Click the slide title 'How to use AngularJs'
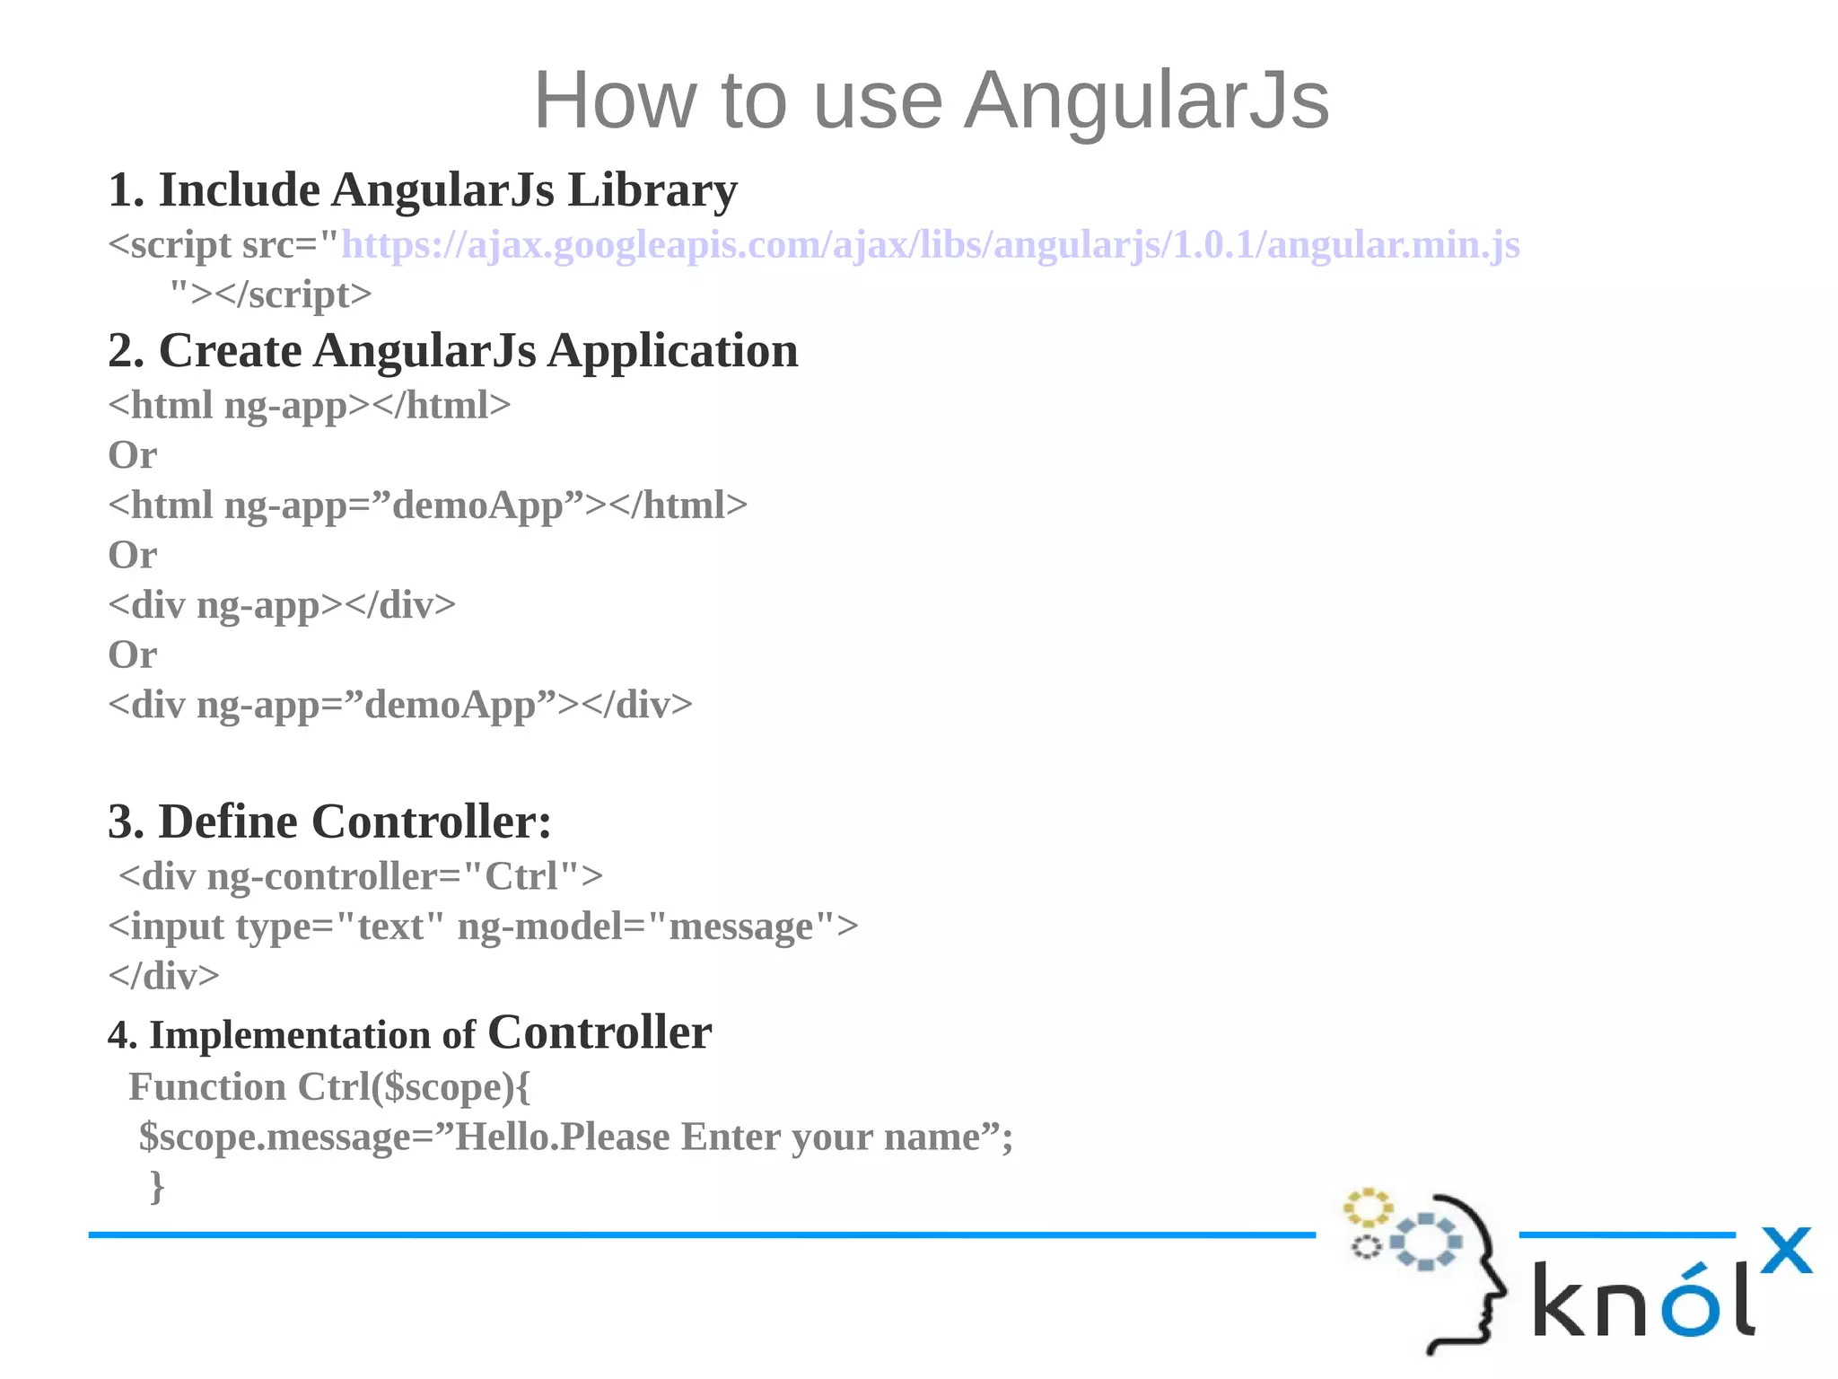[x=931, y=101]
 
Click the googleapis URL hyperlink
[x=930, y=245]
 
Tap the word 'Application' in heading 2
[x=672, y=351]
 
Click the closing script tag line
[x=270, y=294]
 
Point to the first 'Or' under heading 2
[x=132, y=455]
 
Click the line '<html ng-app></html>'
[x=309, y=406]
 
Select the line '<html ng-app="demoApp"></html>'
[x=427, y=505]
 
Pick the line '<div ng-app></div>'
[x=282, y=605]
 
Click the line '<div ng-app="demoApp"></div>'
[x=400, y=705]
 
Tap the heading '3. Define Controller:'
[x=329, y=821]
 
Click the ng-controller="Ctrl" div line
[x=360, y=876]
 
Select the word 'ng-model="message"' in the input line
[x=658, y=927]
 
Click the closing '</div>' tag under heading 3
[x=163, y=976]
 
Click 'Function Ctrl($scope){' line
[x=329, y=1087]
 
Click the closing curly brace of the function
[x=157, y=1186]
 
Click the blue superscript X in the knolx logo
[x=1786, y=1250]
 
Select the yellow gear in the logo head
[x=1367, y=1208]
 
